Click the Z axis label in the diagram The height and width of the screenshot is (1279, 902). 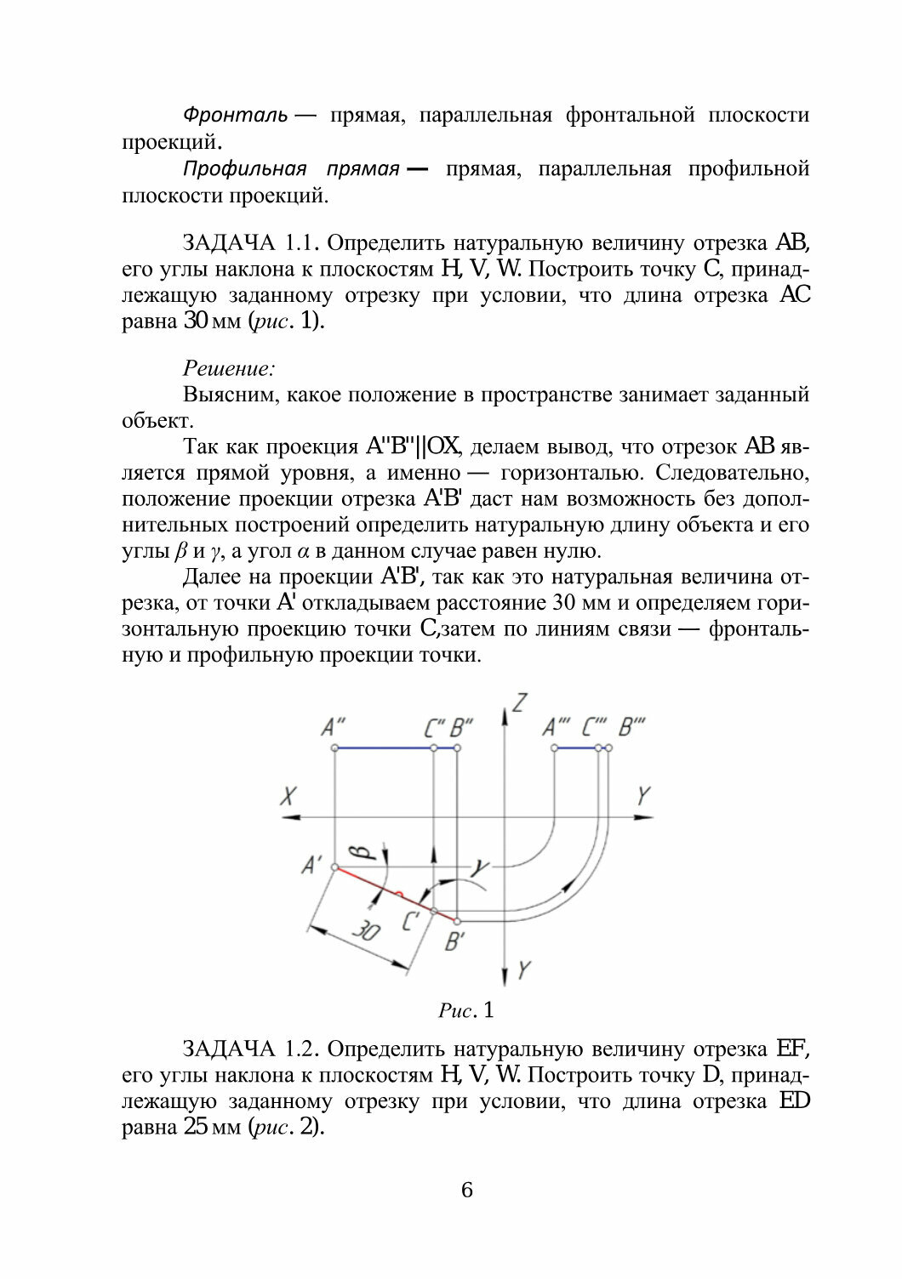[522, 703]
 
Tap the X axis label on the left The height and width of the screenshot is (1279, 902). [289, 797]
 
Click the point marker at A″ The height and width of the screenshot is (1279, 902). [334, 748]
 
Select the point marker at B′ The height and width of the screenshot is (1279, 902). [458, 921]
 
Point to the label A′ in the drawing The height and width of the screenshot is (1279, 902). [311, 866]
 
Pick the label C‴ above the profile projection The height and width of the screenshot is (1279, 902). [594, 728]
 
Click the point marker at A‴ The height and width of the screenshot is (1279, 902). [554, 748]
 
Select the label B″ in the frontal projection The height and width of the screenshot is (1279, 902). [461, 728]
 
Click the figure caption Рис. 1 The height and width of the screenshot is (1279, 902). [465, 1011]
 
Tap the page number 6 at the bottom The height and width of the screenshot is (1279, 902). [466, 1190]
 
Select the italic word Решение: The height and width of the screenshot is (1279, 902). [229, 368]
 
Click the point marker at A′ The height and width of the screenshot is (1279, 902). [334, 867]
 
